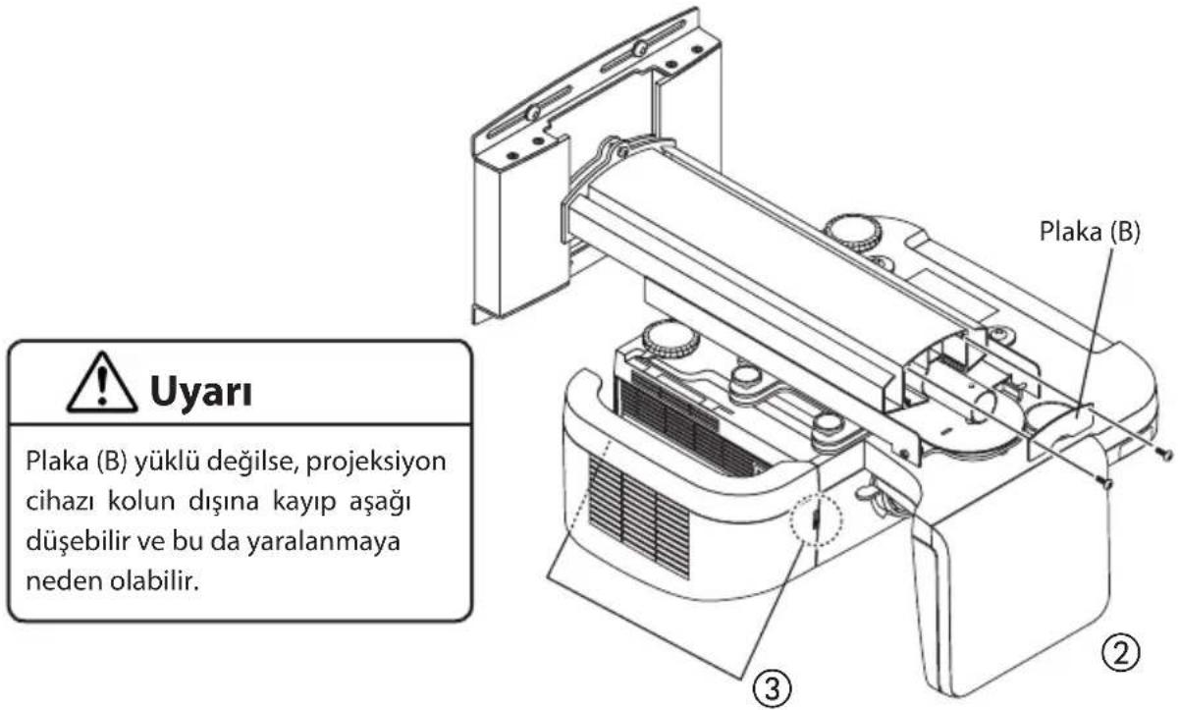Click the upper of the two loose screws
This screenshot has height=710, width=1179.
[x=1164, y=454]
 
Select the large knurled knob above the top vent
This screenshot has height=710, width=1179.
[x=671, y=340]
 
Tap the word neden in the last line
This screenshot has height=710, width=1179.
[x=53, y=580]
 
